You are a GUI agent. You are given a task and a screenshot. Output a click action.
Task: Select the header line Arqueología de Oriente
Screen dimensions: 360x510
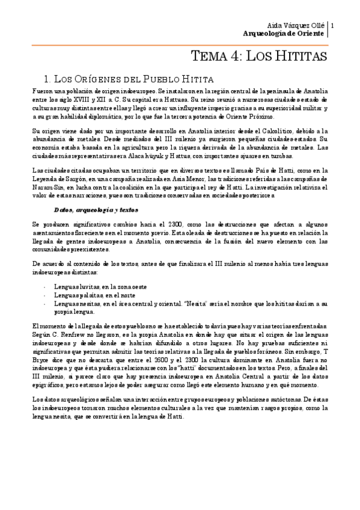tap(282, 34)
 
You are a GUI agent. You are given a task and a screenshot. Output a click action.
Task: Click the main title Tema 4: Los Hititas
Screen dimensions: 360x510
tap(258, 57)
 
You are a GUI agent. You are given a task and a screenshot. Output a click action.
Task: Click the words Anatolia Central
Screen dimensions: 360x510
tap(192, 382)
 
